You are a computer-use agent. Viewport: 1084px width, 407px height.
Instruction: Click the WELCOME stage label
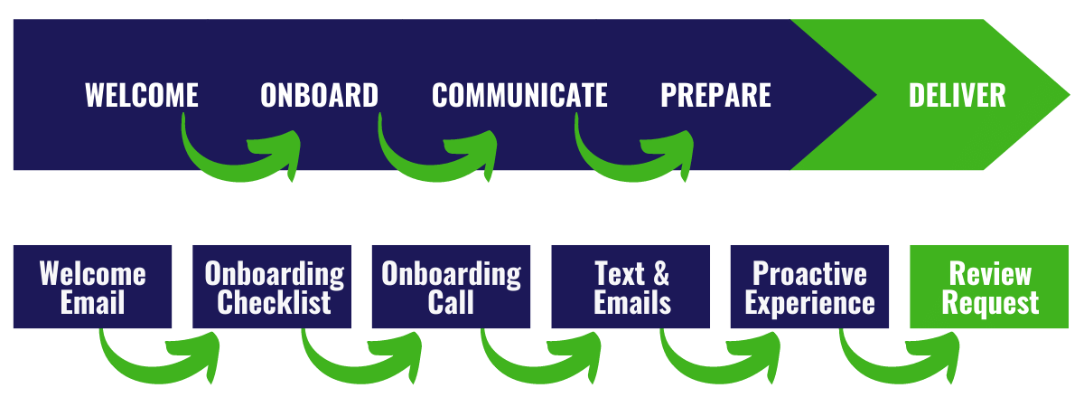point(142,95)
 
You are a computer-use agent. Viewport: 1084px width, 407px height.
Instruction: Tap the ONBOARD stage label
point(319,95)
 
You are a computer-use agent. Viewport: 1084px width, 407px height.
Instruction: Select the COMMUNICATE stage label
point(519,95)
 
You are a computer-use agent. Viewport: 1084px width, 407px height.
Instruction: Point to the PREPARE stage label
point(715,95)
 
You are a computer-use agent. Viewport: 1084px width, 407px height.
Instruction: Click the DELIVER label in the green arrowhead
point(957,95)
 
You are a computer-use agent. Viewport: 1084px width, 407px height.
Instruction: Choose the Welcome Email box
point(92,287)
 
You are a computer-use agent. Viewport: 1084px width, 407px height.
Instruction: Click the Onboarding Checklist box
point(272,287)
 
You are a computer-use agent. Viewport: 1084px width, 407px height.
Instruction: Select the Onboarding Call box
point(451,287)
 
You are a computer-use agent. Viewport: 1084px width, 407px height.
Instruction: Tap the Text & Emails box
point(631,287)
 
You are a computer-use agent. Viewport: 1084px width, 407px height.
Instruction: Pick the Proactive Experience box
point(809,287)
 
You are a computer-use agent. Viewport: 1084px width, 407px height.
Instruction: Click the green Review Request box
point(989,287)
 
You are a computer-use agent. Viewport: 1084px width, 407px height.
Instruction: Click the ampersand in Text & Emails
point(661,273)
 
